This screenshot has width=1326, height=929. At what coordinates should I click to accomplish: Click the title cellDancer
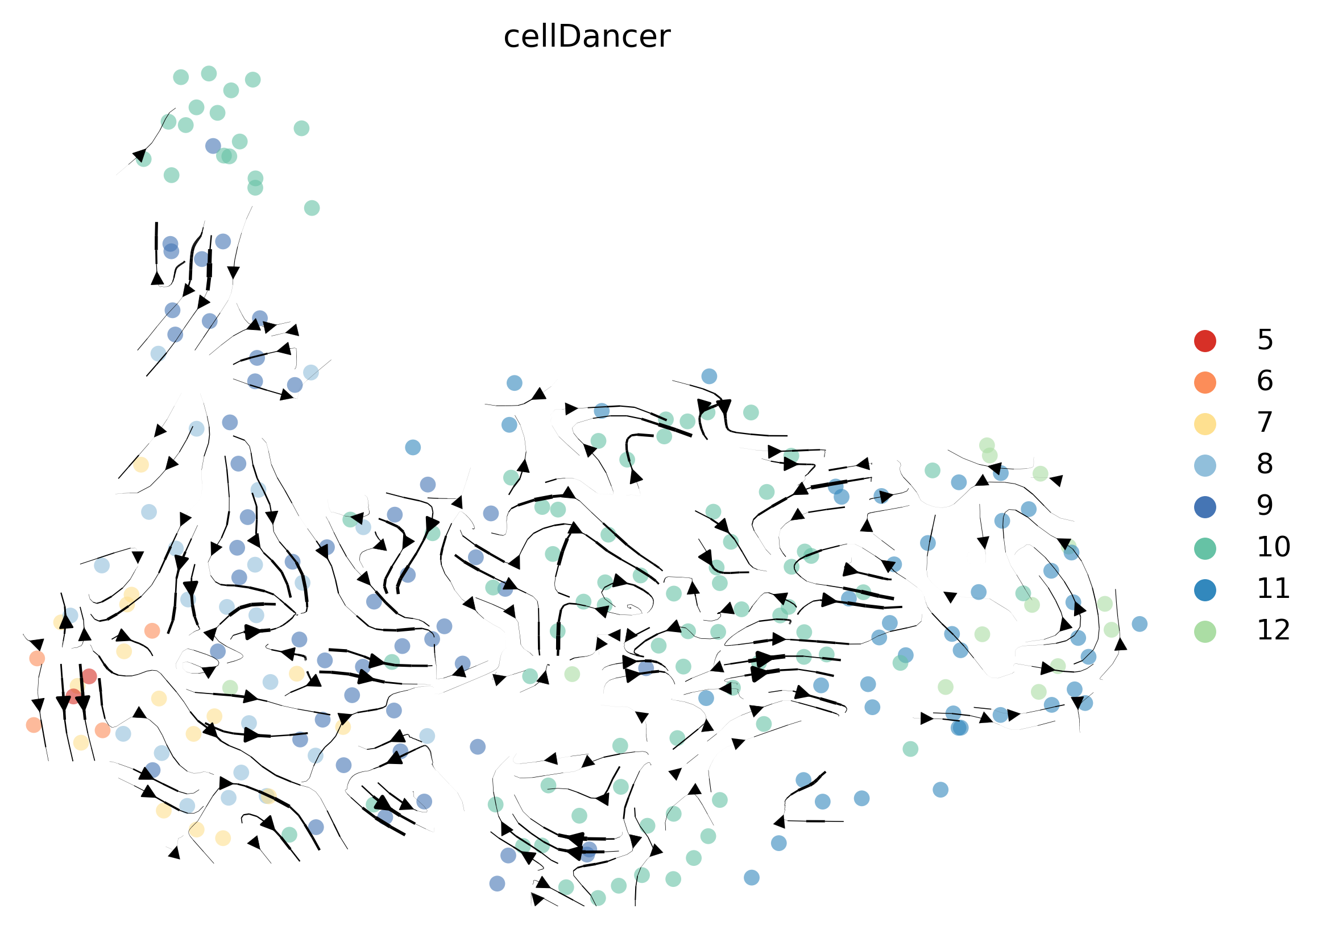pyautogui.click(x=587, y=36)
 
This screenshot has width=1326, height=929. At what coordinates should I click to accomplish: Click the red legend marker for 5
pyautogui.click(x=1205, y=341)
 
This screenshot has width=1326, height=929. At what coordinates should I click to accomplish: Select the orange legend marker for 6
pyautogui.click(x=1205, y=382)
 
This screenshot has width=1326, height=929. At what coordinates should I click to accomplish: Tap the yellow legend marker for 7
pyautogui.click(x=1205, y=424)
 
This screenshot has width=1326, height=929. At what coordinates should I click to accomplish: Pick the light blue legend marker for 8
pyautogui.click(x=1205, y=466)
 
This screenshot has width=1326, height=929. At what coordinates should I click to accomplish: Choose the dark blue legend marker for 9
pyautogui.click(x=1205, y=507)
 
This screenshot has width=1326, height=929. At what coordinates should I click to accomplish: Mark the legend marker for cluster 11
pyautogui.click(x=1205, y=591)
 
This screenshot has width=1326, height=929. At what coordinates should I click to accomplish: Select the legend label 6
pyautogui.click(x=1265, y=381)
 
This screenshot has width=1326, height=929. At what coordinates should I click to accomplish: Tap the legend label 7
pyautogui.click(x=1265, y=423)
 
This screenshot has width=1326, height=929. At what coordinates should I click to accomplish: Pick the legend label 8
pyautogui.click(x=1265, y=464)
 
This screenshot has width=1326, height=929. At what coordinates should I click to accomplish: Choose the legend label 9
pyautogui.click(x=1265, y=506)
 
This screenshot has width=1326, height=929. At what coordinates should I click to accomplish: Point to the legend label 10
pyautogui.click(x=1273, y=548)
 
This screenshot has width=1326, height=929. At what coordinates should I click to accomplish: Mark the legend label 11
pyautogui.click(x=1273, y=589)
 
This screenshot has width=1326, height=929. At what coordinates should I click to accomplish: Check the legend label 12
pyautogui.click(x=1273, y=631)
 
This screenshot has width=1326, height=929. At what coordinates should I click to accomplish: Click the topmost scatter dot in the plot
pyautogui.click(x=209, y=73)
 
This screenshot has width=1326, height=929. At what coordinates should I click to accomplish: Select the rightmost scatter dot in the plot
pyautogui.click(x=1139, y=624)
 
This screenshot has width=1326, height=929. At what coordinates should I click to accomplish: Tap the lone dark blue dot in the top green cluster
pyautogui.click(x=213, y=146)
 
